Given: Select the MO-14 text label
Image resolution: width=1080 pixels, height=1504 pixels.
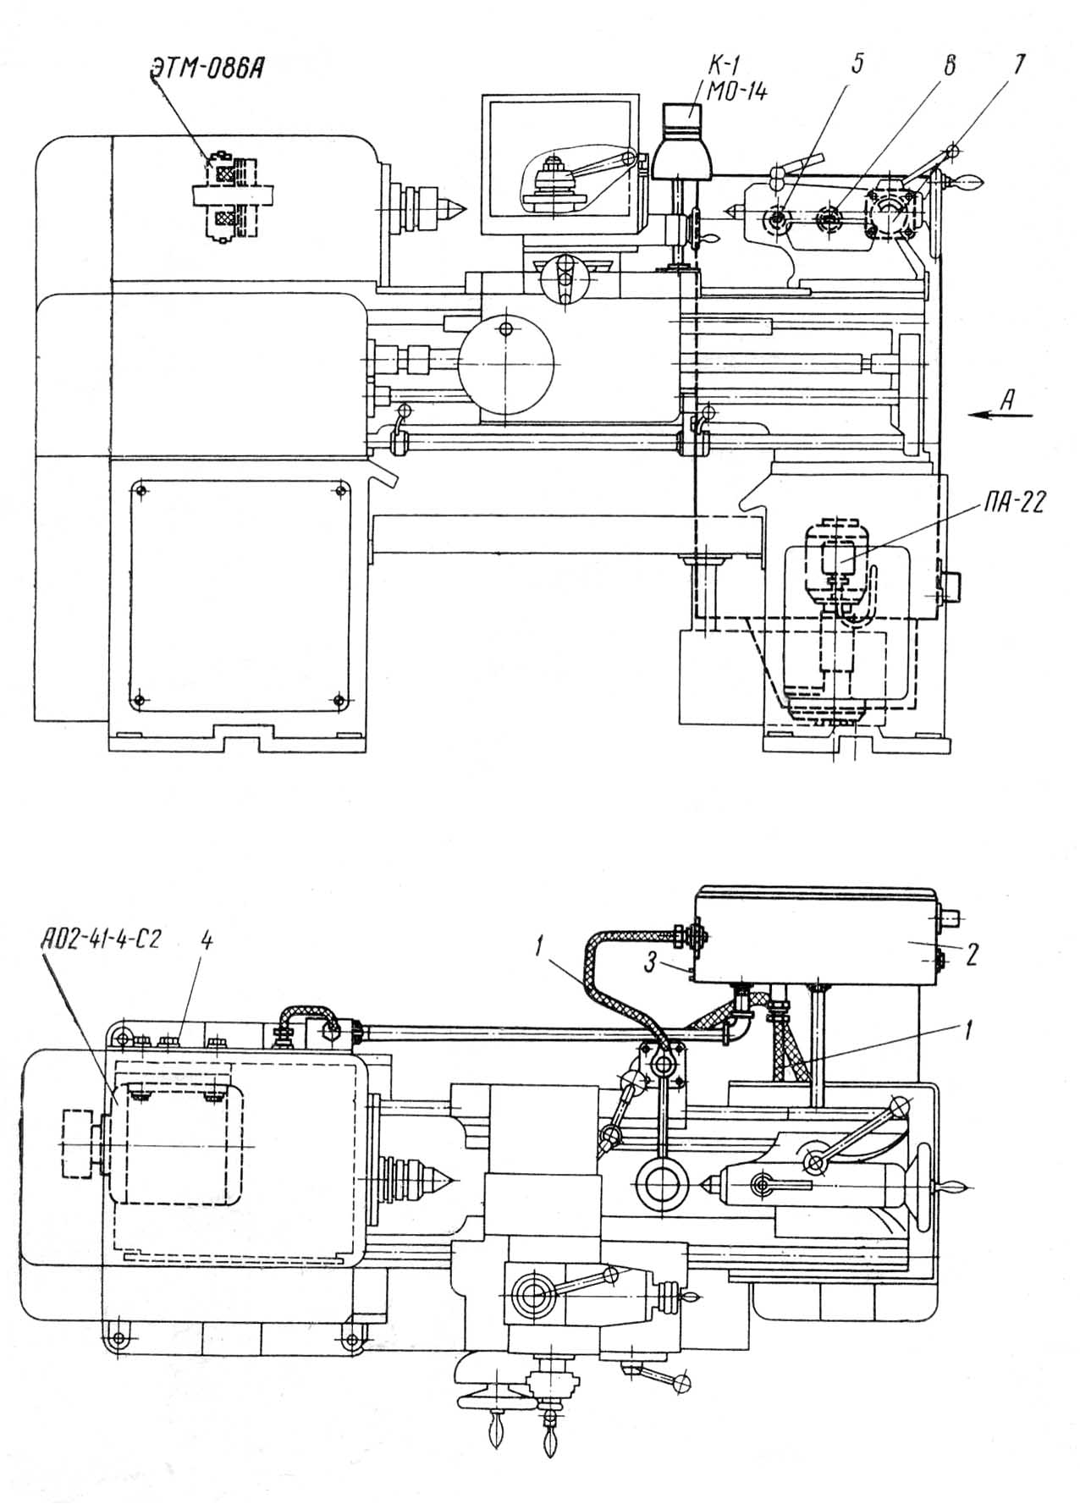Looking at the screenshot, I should pos(733,91).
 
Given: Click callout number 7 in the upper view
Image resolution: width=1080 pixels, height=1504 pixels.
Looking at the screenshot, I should pos(1019,64).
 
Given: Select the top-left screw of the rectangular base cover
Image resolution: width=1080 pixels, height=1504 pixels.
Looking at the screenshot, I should pos(141,489).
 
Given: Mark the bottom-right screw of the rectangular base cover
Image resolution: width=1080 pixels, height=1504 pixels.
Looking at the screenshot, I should pos(339,699).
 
